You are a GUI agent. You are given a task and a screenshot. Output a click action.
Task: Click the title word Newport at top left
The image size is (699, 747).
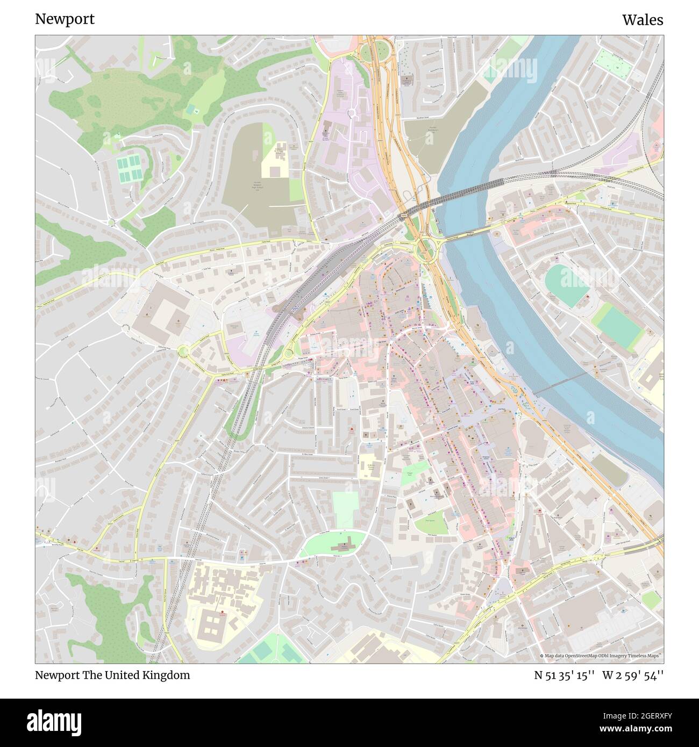(x=65, y=19)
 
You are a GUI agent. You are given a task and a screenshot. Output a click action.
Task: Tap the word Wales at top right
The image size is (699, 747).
(x=643, y=20)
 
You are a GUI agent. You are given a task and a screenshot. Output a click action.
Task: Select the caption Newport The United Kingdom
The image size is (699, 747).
(x=112, y=675)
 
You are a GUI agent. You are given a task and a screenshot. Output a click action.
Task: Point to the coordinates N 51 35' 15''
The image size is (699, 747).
(x=564, y=675)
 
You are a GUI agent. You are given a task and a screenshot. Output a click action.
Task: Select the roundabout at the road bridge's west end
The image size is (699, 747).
(x=425, y=247)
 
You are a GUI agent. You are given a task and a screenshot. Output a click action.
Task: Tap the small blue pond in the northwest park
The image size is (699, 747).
(x=190, y=110)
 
